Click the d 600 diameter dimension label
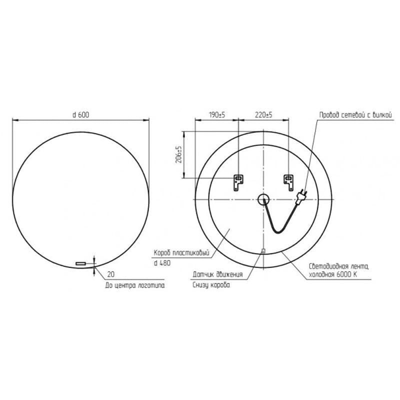point(81,115)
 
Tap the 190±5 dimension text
point(217,115)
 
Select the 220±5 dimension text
point(264,115)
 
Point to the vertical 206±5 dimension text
point(179,154)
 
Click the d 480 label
point(162,263)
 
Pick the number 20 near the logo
point(110,274)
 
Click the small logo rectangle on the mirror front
point(80,263)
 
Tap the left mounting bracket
point(238,182)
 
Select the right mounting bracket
point(288,182)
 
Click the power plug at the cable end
point(301,196)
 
